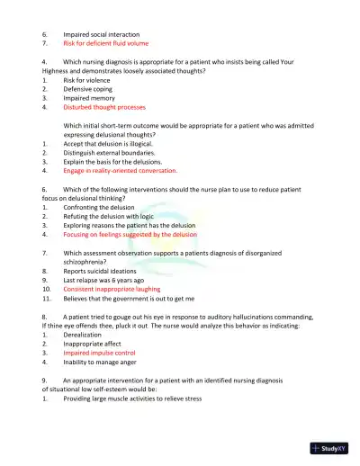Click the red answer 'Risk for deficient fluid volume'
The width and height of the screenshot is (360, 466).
pyautogui.click(x=105, y=42)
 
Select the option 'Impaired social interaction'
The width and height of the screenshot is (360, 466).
pyautogui.click(x=100, y=32)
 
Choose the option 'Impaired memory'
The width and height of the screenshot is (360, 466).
pyautogui.click(x=88, y=97)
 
